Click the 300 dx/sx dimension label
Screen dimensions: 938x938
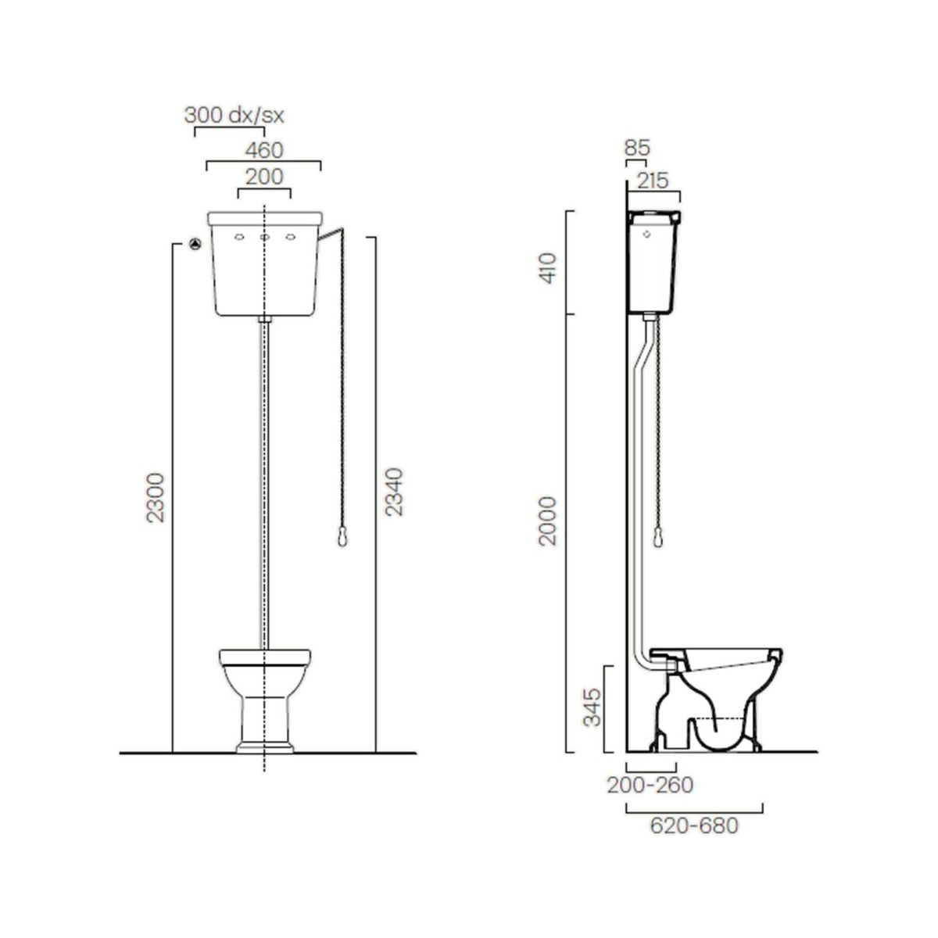(x=234, y=116)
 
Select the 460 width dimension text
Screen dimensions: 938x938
(x=264, y=150)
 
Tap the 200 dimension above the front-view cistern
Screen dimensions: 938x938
(x=264, y=177)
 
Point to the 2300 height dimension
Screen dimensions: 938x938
(x=156, y=497)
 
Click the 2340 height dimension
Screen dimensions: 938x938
(x=394, y=491)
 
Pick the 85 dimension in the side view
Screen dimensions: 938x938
(x=638, y=148)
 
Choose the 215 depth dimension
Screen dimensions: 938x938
(x=653, y=181)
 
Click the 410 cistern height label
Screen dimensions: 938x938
(x=549, y=268)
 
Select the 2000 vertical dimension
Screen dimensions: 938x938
(x=548, y=521)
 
